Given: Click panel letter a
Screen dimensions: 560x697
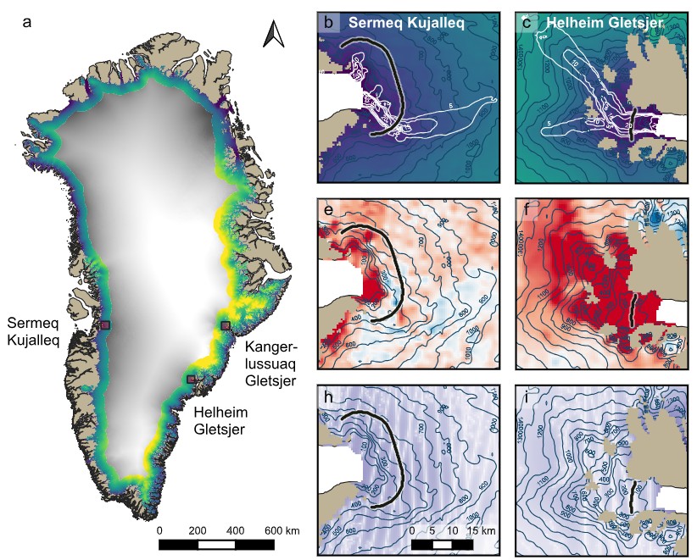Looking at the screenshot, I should point(27,23).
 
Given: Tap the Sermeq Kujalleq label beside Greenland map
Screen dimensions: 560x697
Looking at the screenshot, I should point(33,332).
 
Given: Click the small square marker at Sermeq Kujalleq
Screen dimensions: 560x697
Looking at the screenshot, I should point(105,325).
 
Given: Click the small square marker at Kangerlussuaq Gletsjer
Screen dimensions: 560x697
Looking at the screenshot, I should point(226,325).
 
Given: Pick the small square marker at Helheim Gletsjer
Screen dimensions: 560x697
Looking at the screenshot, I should point(192,379).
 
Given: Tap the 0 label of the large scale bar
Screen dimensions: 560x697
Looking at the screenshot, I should point(160,530).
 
